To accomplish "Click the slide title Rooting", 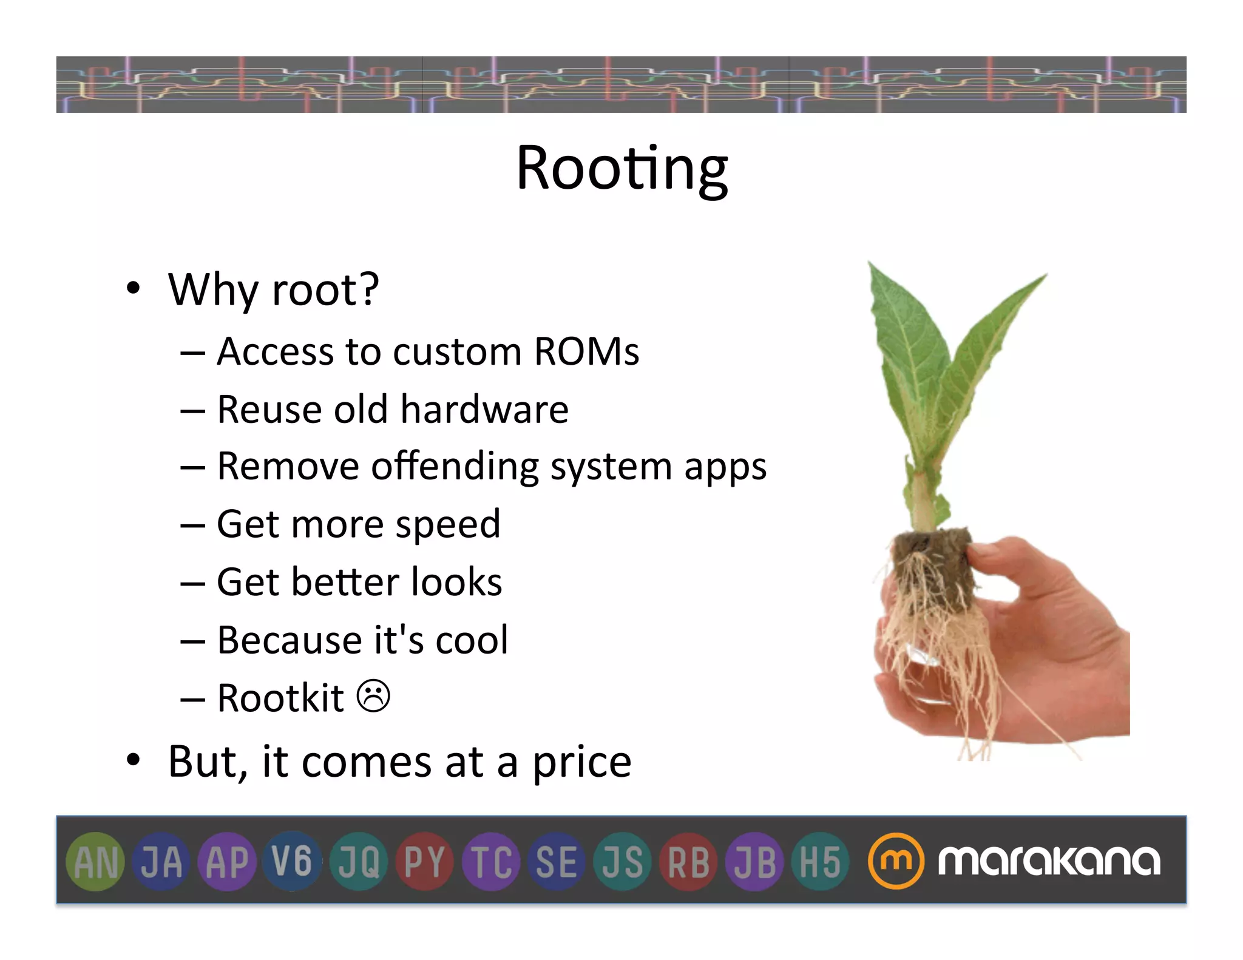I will coord(621,169).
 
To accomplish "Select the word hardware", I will coord(484,409).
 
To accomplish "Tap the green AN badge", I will coord(95,861).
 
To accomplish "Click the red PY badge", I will coord(424,861).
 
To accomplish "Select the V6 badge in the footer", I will coord(292,861).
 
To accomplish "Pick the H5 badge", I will coord(820,861).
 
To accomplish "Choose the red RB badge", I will coord(688,861).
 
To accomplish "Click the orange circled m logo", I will coord(895,860).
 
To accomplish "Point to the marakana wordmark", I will coord(1049,860).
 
